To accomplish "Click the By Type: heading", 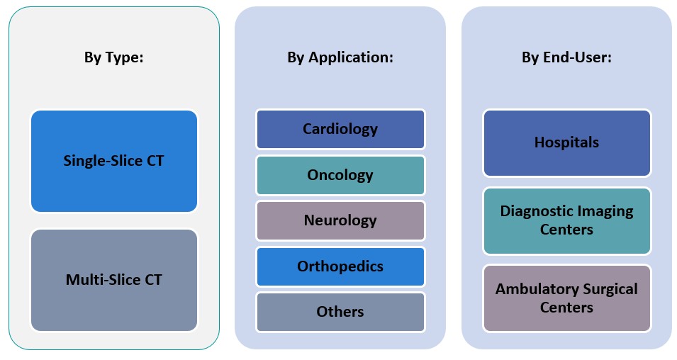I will click(113, 57).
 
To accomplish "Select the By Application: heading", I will click(340, 57).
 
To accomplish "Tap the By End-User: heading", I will click(566, 57).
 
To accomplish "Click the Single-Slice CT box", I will click(113, 161).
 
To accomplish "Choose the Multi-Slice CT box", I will click(113, 280).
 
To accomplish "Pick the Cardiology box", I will click(340, 129).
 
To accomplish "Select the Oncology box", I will click(340, 175).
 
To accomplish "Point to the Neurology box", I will click(340, 220).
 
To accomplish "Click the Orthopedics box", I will click(340, 266).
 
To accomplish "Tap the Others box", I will click(340, 312).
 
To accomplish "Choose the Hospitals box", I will click(566, 142).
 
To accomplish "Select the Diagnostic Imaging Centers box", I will click(566, 220).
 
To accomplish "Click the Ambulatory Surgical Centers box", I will click(566, 298).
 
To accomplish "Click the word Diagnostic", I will click(533, 211).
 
